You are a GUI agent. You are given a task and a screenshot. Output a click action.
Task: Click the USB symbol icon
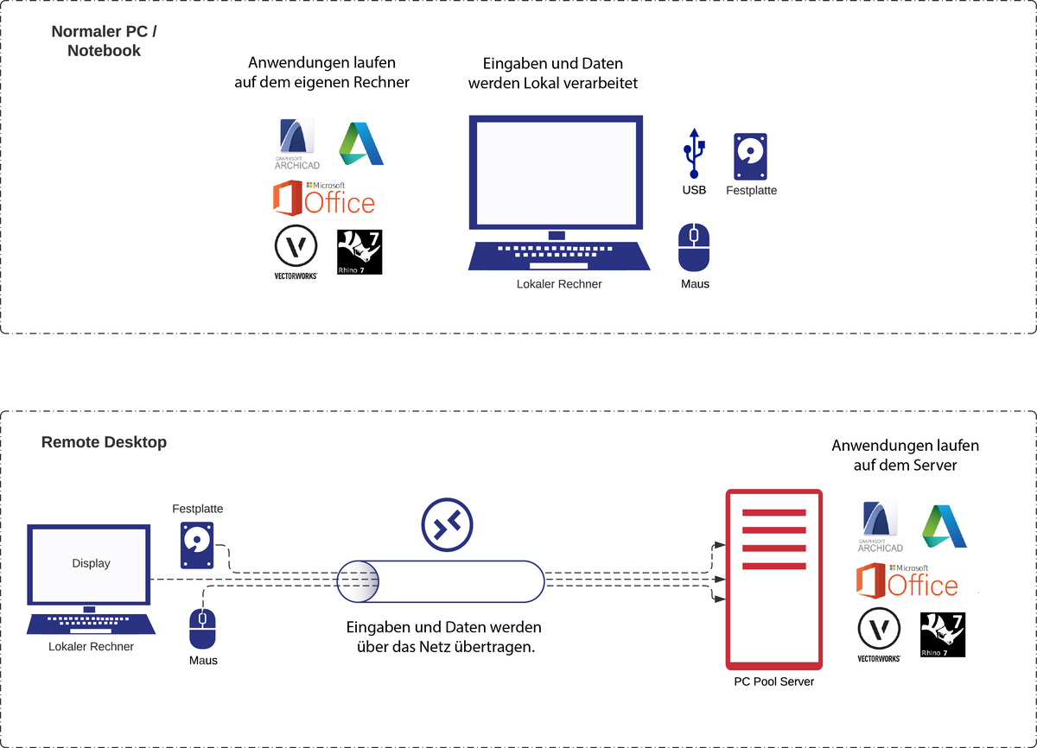[x=694, y=155]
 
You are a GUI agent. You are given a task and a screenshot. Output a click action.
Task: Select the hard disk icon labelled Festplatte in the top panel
[x=750, y=156]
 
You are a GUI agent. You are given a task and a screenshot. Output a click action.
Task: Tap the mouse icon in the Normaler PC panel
[x=694, y=248]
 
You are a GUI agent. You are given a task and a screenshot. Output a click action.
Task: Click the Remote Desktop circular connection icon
[x=447, y=524]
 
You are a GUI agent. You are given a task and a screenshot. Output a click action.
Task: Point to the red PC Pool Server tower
[x=773, y=579]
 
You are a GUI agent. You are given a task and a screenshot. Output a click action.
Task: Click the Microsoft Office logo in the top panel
[x=324, y=199]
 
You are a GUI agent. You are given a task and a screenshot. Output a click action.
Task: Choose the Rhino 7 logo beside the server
[x=942, y=635]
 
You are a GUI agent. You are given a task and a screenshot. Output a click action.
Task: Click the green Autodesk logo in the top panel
[x=361, y=144]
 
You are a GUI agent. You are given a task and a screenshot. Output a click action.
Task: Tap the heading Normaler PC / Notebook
[x=105, y=41]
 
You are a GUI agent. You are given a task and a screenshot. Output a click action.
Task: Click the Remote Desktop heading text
[x=104, y=442]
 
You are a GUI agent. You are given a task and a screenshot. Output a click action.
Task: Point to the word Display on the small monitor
[x=91, y=563]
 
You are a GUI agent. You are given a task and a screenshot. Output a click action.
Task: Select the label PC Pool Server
[x=773, y=681]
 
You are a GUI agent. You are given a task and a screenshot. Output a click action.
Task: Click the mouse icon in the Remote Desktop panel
[x=203, y=628]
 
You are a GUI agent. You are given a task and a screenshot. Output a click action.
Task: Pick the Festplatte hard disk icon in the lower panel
[x=197, y=544]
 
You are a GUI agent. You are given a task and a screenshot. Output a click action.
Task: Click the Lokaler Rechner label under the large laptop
[x=559, y=284]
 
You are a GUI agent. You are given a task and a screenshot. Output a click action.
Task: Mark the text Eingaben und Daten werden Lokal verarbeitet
[x=553, y=73]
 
